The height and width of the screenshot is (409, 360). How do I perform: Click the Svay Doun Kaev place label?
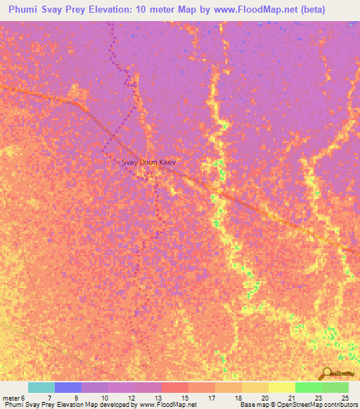coord(148,162)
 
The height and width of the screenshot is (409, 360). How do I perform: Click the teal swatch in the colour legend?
coord(41,387)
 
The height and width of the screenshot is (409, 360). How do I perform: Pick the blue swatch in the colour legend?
coord(67,387)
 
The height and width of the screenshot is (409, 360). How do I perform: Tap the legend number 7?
coord(49,398)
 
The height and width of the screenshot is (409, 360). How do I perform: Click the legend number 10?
coord(104,398)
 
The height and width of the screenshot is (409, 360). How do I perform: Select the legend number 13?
coord(158,398)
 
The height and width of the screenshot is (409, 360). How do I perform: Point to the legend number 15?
coord(185,398)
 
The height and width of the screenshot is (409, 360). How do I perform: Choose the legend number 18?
coord(239,398)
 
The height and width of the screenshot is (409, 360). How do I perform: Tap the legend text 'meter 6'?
coord(14,398)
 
